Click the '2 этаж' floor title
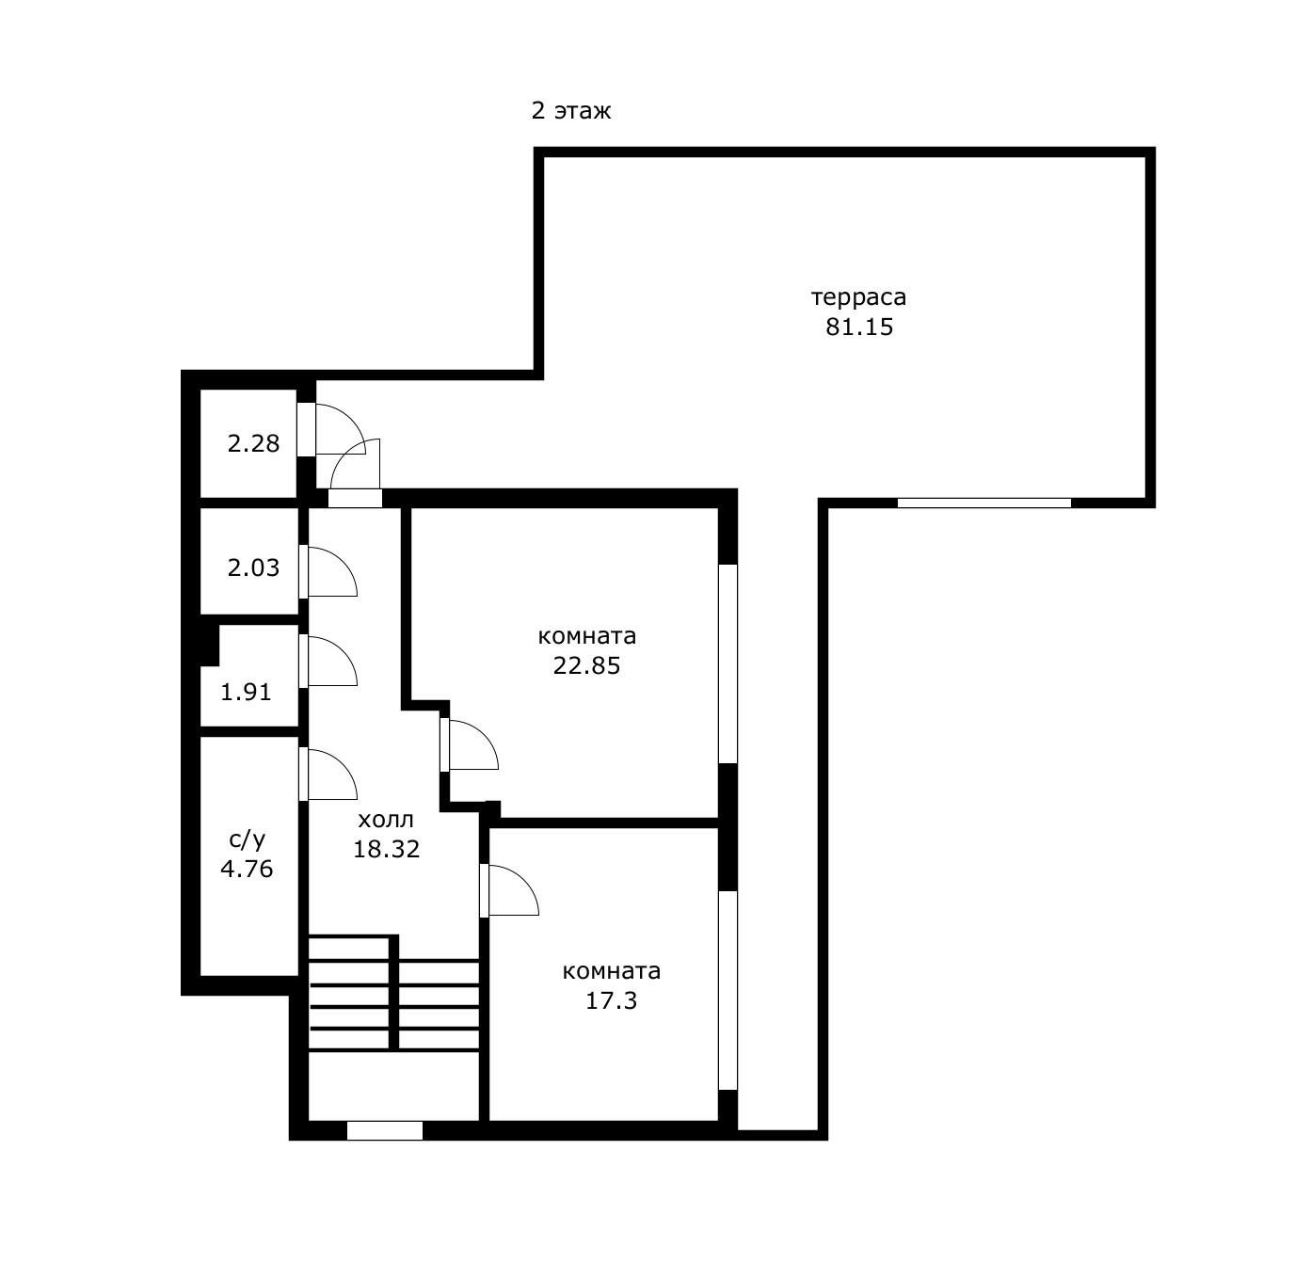pos(570,110)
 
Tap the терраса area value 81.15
pos(859,327)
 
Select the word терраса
pos(858,297)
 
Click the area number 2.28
pos(253,443)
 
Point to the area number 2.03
pos(253,568)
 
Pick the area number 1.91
pos(246,692)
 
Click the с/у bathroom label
pos(248,839)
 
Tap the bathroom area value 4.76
pos(247,870)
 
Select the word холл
pos(385,820)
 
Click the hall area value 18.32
pos(386,849)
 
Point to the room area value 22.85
pos(586,665)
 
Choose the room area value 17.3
pos(611,1000)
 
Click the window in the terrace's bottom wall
pos(983,503)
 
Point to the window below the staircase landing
pos(385,1130)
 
